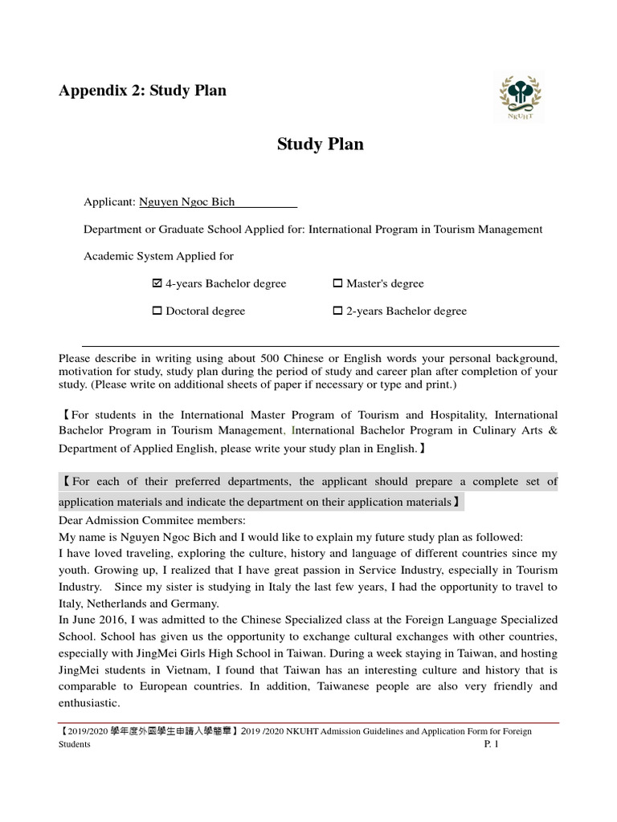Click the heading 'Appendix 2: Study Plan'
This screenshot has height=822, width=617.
pyautogui.click(x=142, y=90)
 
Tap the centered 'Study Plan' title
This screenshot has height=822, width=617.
pyautogui.click(x=320, y=144)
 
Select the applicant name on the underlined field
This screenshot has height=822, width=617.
pyautogui.click(x=186, y=202)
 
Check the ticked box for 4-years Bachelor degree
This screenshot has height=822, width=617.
pyautogui.click(x=157, y=283)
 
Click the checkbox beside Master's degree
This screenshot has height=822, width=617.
pyautogui.click(x=337, y=283)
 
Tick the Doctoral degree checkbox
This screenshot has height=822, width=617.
pyautogui.click(x=157, y=311)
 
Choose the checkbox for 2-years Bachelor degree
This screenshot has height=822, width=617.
pyautogui.click(x=337, y=311)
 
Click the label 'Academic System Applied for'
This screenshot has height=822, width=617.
pyautogui.click(x=158, y=256)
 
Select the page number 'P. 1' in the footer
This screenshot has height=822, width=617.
pyautogui.click(x=491, y=744)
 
